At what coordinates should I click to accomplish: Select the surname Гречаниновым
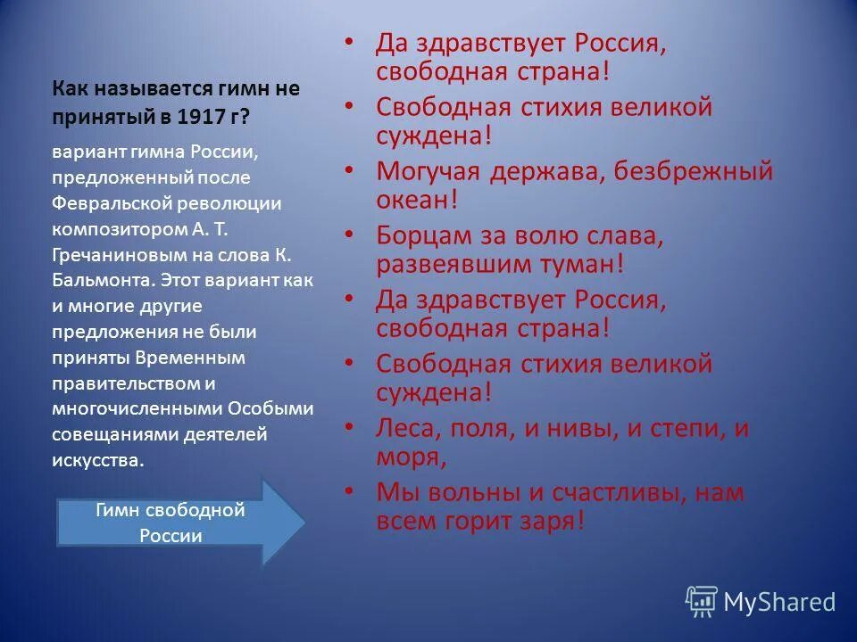coord(110,254)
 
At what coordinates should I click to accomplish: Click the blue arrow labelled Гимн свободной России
coord(170,523)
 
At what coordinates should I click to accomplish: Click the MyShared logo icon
coord(701,602)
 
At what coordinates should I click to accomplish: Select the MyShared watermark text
coord(779,603)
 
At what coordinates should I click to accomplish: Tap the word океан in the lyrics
coord(412,198)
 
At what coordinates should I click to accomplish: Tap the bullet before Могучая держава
coord(351,169)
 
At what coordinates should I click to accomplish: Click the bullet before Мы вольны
coord(351,490)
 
